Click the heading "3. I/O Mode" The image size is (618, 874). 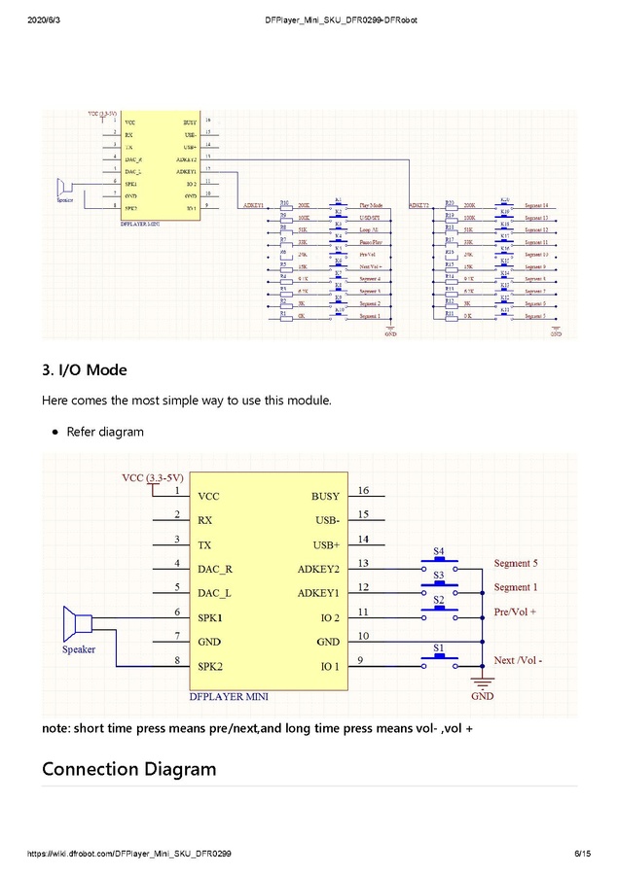click(84, 370)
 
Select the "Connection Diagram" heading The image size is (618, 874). click(128, 769)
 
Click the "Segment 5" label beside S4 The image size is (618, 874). click(515, 563)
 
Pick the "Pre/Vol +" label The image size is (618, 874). click(515, 612)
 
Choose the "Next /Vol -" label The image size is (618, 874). click(518, 660)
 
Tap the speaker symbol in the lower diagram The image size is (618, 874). click(76, 623)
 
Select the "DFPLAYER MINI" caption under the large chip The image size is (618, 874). click(229, 696)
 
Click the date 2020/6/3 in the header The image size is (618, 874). click(45, 19)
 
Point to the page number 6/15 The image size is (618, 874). click(582, 854)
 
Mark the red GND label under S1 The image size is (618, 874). click(482, 696)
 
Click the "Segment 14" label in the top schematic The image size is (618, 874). click(536, 206)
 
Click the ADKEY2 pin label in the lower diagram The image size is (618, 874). click(318, 568)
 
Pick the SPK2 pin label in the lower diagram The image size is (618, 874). click(211, 667)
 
